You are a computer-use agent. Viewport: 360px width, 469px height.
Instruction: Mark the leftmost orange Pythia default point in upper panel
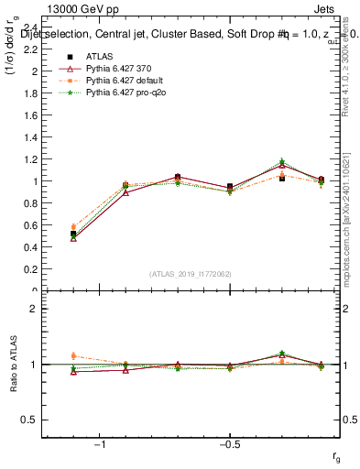pyautogui.click(x=73, y=226)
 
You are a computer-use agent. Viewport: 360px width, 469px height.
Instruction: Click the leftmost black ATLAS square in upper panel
pyautogui.click(x=73, y=234)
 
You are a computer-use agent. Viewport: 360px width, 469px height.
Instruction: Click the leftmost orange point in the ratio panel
pyautogui.click(x=73, y=355)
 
